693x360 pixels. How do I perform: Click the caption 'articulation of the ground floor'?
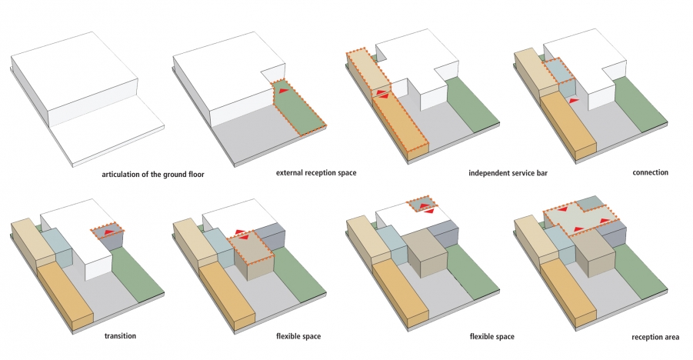(153, 175)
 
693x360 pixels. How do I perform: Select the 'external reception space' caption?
(316, 172)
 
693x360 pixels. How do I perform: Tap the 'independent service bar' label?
(508, 173)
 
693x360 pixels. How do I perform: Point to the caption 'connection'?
(650, 172)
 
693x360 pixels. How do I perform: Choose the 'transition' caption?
(120, 335)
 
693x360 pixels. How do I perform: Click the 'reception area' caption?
(655, 337)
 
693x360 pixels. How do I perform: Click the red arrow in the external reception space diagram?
(284, 90)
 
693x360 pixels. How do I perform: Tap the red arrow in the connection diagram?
(573, 101)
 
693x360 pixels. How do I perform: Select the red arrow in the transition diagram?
(108, 232)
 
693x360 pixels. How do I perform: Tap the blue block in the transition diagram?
(57, 247)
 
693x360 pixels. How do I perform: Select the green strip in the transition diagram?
(137, 274)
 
